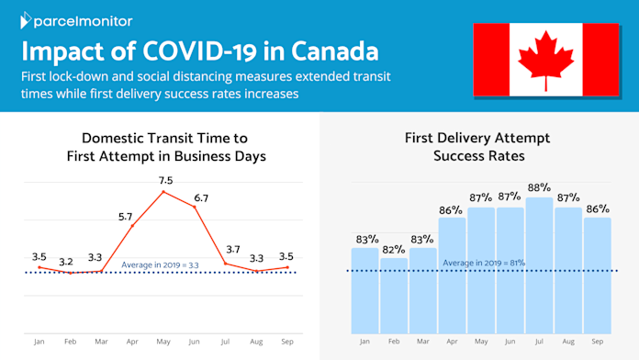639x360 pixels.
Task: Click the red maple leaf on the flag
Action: coord(545,59)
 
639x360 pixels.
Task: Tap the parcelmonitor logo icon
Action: coord(26,20)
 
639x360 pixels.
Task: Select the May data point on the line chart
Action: coord(163,192)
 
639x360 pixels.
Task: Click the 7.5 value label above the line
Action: coord(166,180)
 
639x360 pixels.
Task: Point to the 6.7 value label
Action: coord(201,198)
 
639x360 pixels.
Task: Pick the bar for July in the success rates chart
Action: coord(539,265)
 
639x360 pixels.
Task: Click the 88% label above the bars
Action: coord(539,187)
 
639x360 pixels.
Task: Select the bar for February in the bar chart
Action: coord(394,296)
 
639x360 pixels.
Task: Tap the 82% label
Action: coord(394,249)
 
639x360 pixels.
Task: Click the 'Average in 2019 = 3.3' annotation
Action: coord(160,265)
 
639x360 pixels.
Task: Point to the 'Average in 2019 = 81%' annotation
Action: coord(484,263)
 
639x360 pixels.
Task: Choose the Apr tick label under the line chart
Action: coord(132,342)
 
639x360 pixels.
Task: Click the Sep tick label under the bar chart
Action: coord(597,342)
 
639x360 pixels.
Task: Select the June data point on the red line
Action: coord(195,208)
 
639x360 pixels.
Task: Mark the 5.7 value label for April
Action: coord(126,217)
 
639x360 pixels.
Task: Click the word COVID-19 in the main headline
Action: coord(200,51)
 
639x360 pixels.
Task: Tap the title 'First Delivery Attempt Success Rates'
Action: coord(477,147)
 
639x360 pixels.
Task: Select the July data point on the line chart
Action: coord(225,264)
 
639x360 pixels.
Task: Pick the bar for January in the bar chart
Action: coord(364,291)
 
